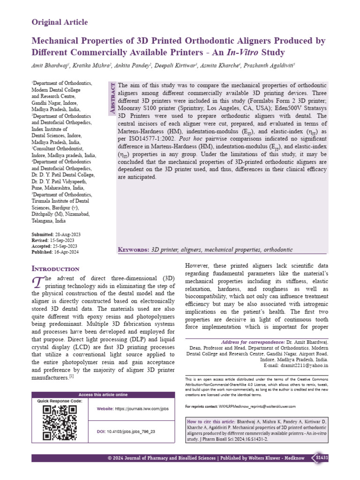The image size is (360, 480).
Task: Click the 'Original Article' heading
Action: pyautogui.click(x=60, y=22)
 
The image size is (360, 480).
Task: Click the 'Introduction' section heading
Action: pyautogui.click(x=55, y=269)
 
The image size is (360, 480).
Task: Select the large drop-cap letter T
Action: pyautogui.click(x=37, y=283)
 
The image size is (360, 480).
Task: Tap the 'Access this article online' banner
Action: pyautogui.click(x=103, y=395)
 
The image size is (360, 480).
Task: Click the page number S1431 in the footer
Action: pyautogui.click(x=322, y=457)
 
